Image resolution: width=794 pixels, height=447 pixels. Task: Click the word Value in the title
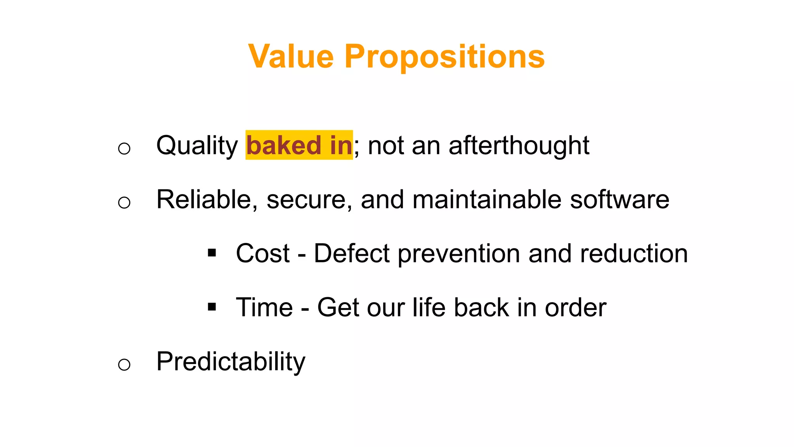291,57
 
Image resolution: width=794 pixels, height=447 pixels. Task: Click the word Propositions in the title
444,57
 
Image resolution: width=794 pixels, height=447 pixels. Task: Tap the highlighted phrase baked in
299,145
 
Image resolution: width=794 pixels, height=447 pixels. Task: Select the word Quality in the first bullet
197,146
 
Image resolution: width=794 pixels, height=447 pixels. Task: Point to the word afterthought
518,146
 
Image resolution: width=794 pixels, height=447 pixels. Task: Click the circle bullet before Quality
124,148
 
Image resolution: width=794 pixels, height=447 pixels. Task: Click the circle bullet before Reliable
124,202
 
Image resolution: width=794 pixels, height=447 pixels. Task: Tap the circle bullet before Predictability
124,364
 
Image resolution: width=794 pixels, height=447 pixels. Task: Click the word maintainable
487,199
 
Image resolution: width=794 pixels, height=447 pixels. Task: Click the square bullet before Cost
212,253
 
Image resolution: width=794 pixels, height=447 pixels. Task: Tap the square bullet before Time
212,307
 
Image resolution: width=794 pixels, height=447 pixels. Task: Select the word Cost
262,253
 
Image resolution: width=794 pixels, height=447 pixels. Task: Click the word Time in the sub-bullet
264,307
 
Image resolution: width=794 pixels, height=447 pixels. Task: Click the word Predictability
231,362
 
